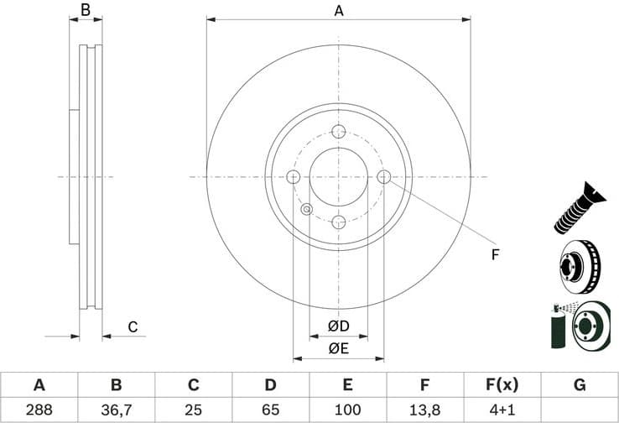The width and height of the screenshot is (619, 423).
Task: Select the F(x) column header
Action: click(x=502, y=385)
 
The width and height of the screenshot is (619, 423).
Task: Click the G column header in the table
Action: click(x=580, y=385)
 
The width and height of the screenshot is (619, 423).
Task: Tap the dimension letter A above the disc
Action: click(x=339, y=11)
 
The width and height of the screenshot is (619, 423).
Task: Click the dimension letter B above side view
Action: click(x=85, y=11)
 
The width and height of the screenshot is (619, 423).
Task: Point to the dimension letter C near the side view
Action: click(x=133, y=327)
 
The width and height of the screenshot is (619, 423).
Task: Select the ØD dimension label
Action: click(x=338, y=326)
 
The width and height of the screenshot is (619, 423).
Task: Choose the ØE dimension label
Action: click(x=338, y=348)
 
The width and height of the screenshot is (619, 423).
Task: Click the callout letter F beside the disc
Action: click(x=495, y=254)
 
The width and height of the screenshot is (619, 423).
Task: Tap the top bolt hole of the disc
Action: click(x=339, y=132)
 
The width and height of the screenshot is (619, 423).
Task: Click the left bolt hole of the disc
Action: click(x=294, y=177)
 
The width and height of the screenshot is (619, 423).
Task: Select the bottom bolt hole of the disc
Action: click(x=339, y=222)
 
